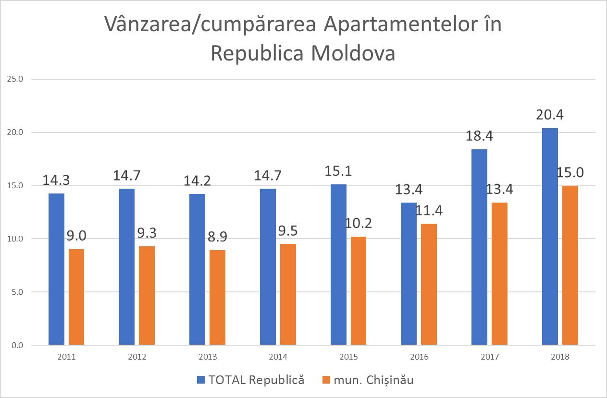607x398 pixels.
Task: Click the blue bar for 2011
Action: point(57,269)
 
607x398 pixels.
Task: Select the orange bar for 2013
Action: point(217,298)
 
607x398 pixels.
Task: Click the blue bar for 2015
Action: point(338,265)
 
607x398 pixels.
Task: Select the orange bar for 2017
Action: point(499,274)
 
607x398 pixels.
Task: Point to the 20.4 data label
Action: point(550,115)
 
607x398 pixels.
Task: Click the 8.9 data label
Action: point(218,237)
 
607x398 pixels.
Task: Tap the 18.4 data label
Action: point(479,136)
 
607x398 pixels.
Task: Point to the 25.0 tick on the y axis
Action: point(14,79)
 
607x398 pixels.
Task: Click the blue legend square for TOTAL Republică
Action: point(201,380)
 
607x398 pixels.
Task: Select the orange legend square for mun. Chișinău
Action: point(326,380)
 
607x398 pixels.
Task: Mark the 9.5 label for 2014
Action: point(287,231)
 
